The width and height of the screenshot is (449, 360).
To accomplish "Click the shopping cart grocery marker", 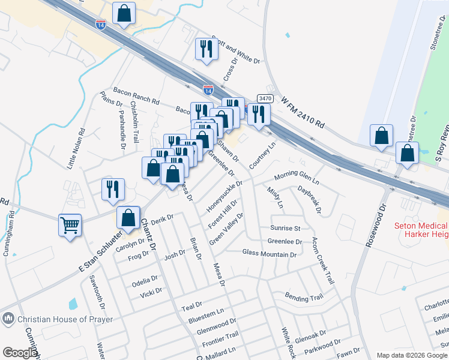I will coord(70,226).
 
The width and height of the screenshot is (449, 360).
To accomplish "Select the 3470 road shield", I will coord(265,98).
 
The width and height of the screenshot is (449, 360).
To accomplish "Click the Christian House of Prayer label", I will coord(65,319).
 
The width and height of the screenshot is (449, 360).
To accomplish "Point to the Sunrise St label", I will coord(285,229).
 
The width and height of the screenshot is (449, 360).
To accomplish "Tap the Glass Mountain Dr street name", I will coord(270,254).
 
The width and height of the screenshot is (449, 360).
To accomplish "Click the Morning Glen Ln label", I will coord(297,178).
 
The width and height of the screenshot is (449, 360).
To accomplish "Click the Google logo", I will coord(20,353).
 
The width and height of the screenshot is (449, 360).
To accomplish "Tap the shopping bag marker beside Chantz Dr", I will coord(128,217).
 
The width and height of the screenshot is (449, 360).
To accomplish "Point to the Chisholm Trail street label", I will coord(135,122).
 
